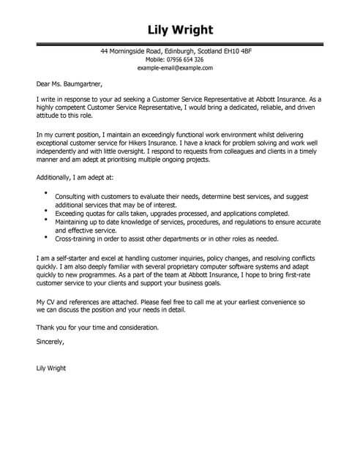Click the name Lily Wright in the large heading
coord(180,31)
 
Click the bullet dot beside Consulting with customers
coord(45,194)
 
